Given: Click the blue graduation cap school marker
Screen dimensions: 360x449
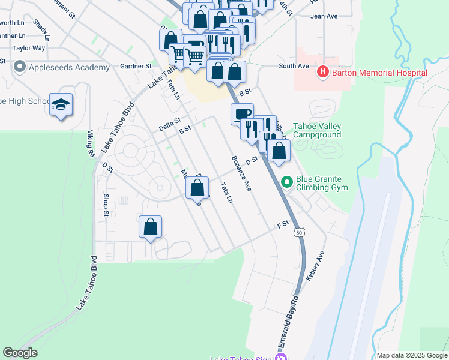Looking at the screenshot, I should tap(61, 105).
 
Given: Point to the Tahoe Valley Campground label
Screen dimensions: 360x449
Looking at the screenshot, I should tap(316, 131).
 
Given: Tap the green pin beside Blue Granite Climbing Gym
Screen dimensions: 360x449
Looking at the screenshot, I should tap(287, 181).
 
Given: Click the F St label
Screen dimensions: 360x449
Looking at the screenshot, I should tap(283, 224).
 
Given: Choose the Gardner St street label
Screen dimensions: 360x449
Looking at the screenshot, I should tap(135, 66).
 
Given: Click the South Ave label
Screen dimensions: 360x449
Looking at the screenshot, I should tap(294, 66).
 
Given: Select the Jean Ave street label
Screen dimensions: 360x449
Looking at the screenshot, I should tap(324, 16).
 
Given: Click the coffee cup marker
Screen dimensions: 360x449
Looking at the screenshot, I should tap(242, 113).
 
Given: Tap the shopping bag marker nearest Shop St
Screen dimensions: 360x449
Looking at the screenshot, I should tap(151, 227).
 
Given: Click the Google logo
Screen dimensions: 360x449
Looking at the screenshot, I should tap(20, 353).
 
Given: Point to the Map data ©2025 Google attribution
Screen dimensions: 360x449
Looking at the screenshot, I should tap(411, 355).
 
